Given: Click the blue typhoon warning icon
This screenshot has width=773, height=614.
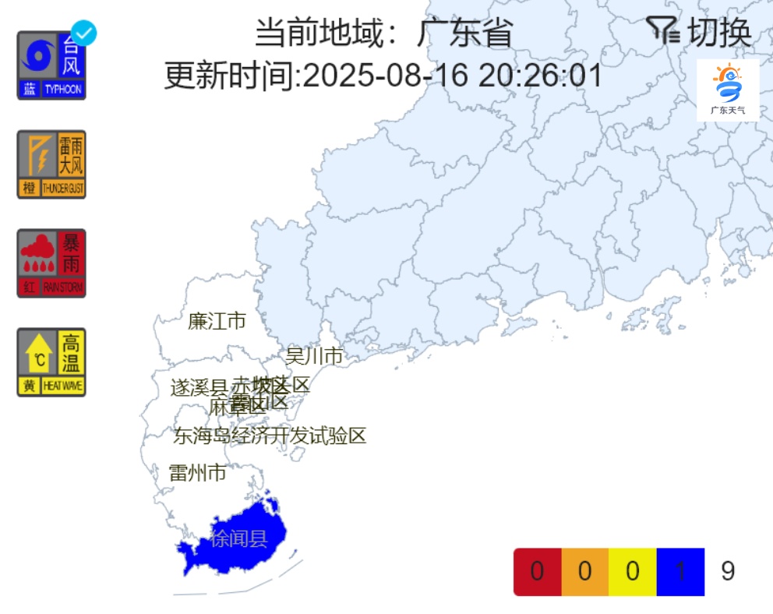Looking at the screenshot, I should [x=51, y=66].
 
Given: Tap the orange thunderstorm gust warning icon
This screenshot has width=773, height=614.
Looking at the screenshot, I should [x=51, y=164].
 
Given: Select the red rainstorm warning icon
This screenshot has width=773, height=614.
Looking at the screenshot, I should [x=51, y=263].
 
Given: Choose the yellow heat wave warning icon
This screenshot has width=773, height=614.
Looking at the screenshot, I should [x=51, y=362].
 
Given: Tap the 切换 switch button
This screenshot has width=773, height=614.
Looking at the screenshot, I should [x=721, y=33].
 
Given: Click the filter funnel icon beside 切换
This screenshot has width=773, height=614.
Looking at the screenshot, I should [x=663, y=31].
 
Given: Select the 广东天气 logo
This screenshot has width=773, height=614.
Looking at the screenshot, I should [x=727, y=90].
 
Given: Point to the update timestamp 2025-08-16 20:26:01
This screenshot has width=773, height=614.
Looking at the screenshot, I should [x=452, y=76].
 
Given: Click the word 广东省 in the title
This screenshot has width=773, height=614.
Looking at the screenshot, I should [x=465, y=34].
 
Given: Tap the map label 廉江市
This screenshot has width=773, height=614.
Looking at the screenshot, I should [x=217, y=321].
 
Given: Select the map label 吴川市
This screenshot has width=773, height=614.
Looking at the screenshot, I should [x=314, y=356].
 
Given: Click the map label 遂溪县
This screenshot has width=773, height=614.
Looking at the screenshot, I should [x=199, y=387].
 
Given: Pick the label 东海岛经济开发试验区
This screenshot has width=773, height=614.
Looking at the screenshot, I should [x=270, y=436].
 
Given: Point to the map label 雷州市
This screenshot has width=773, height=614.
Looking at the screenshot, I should [x=198, y=472].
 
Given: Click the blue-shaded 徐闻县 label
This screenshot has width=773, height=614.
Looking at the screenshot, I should [x=239, y=538].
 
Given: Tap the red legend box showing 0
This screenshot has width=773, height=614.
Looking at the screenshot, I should [x=537, y=572].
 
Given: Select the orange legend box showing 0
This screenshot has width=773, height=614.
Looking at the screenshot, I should [x=584, y=572].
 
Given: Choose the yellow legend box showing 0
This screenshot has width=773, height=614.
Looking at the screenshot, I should [x=633, y=572].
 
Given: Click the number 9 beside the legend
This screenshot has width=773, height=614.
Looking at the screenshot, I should [x=728, y=572].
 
